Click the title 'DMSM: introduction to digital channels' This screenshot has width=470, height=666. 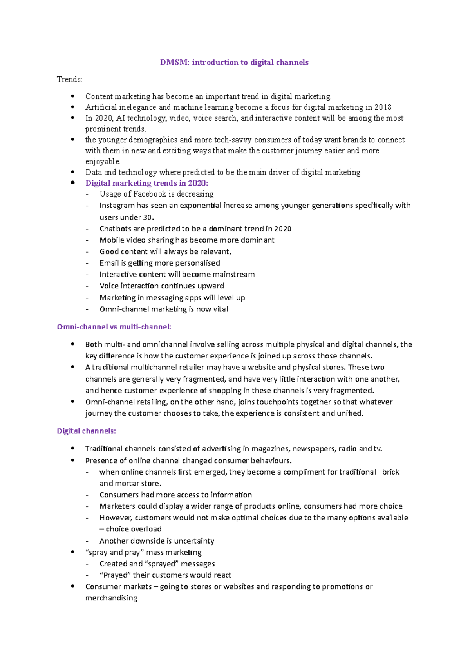tap(234, 62)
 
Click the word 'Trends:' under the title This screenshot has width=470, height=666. tap(70, 80)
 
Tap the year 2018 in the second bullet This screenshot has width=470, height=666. tap(383, 107)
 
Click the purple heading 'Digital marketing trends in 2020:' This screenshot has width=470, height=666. tap(147, 183)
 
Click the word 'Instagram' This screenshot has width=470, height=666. tap(117, 206)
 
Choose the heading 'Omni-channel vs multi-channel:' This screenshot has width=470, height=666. tap(114, 327)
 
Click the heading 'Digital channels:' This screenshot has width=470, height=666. tap(86, 431)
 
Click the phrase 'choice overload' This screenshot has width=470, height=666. tap(134, 529)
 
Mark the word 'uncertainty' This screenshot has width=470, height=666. tap(194, 541)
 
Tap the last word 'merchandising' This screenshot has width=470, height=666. tap(111, 598)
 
